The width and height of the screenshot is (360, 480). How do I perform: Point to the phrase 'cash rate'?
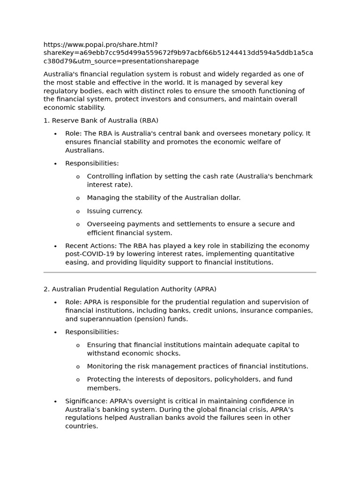pos(218,176)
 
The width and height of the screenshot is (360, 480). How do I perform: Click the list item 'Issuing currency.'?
pos(114,211)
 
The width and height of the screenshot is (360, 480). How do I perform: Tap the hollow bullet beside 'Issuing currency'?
pos(78,211)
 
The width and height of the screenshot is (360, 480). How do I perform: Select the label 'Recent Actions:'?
pos(91,246)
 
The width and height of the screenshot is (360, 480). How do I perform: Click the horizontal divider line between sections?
pos(180,272)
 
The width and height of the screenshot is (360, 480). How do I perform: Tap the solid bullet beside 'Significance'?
pos(55,401)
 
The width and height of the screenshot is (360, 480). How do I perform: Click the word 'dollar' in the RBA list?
pos(229,198)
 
